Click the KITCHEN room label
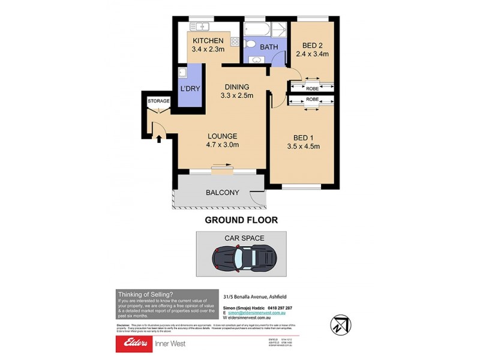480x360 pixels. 208,41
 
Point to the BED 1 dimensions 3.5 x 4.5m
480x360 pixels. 311,146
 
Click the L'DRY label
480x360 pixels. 191,89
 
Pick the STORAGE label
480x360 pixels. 158,101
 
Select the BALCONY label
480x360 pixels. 222,193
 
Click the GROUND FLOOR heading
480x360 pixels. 241,220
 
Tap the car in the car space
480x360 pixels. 244,258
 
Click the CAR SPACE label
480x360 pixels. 244,238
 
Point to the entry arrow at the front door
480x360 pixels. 159,140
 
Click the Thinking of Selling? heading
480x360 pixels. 145,293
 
